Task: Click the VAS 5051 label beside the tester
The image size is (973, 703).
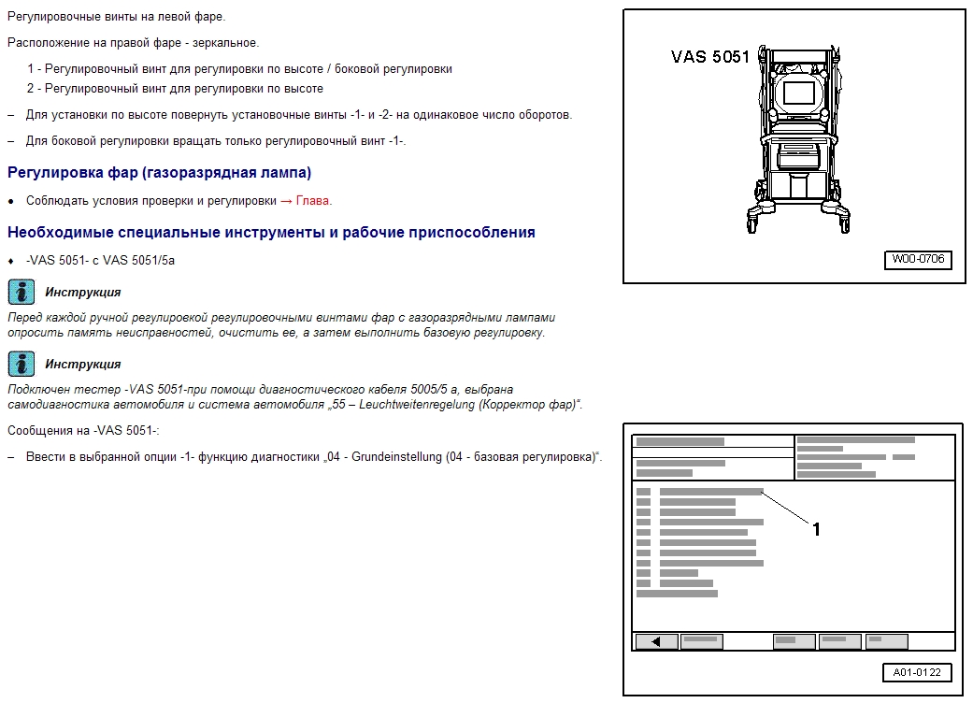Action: [710, 56]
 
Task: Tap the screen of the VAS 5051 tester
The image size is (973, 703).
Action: [798, 92]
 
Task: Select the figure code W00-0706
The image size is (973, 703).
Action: [917, 260]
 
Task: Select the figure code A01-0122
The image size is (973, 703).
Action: [916, 672]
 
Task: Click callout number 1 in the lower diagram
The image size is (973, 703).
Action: [816, 529]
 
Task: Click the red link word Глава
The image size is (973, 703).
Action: [313, 201]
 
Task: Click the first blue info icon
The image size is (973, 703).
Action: [21, 292]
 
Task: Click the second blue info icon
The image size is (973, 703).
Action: [21, 364]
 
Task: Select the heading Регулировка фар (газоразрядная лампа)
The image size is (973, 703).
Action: [159, 173]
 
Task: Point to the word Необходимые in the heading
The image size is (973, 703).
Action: [58, 232]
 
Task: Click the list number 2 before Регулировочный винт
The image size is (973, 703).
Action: [31, 89]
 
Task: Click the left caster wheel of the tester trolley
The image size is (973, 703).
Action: [752, 224]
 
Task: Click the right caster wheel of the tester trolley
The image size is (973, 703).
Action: [844, 224]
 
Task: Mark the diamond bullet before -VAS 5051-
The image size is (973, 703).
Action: [11, 261]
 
